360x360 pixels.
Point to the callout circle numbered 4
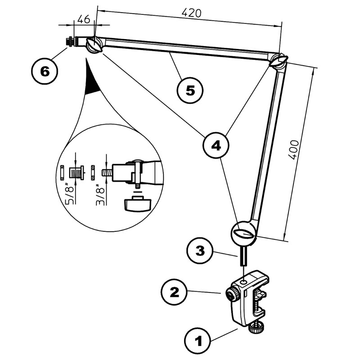(x=215, y=145)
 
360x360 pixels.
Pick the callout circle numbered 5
(x=189, y=90)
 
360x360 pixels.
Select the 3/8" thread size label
(x=100, y=194)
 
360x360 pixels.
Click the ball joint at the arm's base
(x=243, y=233)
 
